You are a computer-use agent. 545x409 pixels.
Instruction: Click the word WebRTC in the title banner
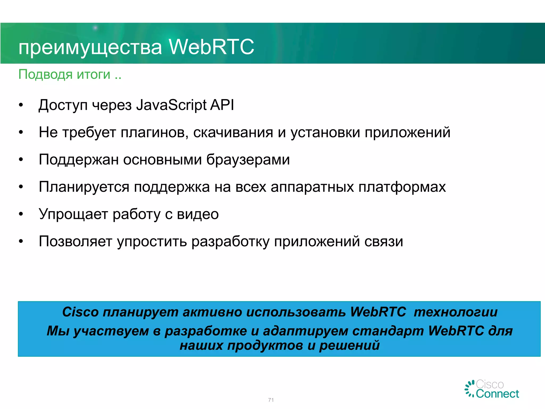point(212,47)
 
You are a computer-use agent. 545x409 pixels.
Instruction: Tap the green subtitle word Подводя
point(46,75)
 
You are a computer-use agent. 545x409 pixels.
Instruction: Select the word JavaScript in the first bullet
point(171,105)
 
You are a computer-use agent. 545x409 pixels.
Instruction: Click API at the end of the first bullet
point(222,105)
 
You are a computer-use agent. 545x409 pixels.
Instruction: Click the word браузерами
point(248,160)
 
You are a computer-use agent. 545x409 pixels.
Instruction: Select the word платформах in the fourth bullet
point(402,187)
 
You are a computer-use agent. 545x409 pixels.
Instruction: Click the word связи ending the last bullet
point(383,242)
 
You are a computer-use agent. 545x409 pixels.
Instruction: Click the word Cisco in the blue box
point(80,312)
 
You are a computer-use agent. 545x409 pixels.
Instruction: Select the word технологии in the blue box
point(456,312)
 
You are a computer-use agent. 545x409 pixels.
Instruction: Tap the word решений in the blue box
point(349,346)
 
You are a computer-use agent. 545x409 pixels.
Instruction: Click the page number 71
point(271,400)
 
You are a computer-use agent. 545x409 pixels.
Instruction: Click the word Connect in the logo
point(497,394)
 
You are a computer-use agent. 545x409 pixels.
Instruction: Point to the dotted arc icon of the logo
point(470,389)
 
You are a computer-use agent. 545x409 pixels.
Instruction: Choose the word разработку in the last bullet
point(230,242)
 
